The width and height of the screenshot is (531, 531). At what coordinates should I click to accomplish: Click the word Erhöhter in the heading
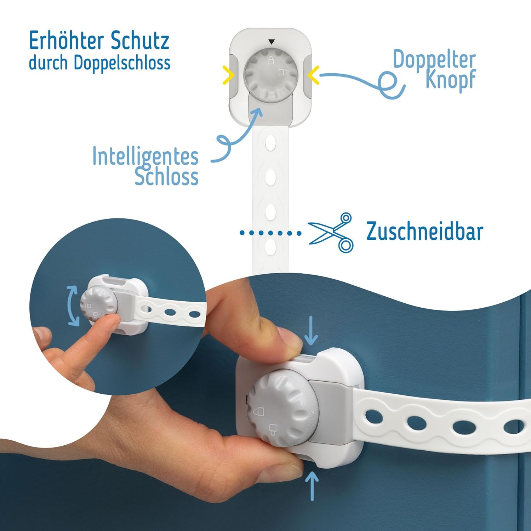[x=66, y=41]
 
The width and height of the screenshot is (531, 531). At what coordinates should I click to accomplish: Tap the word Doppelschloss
[x=122, y=63]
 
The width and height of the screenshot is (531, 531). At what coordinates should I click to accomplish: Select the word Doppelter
[x=434, y=59]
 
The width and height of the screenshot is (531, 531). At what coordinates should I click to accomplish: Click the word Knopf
[x=450, y=80]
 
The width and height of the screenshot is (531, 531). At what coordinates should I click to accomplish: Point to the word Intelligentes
[x=145, y=156]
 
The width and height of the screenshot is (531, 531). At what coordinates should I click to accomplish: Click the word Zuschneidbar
[x=424, y=232]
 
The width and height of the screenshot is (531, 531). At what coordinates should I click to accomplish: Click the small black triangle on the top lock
[x=271, y=42]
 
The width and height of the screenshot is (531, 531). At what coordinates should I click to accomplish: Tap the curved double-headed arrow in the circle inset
[x=73, y=306]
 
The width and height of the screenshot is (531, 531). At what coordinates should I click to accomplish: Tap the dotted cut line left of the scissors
[x=270, y=233]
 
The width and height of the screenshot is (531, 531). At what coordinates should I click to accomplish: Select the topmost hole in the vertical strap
[x=270, y=144]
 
